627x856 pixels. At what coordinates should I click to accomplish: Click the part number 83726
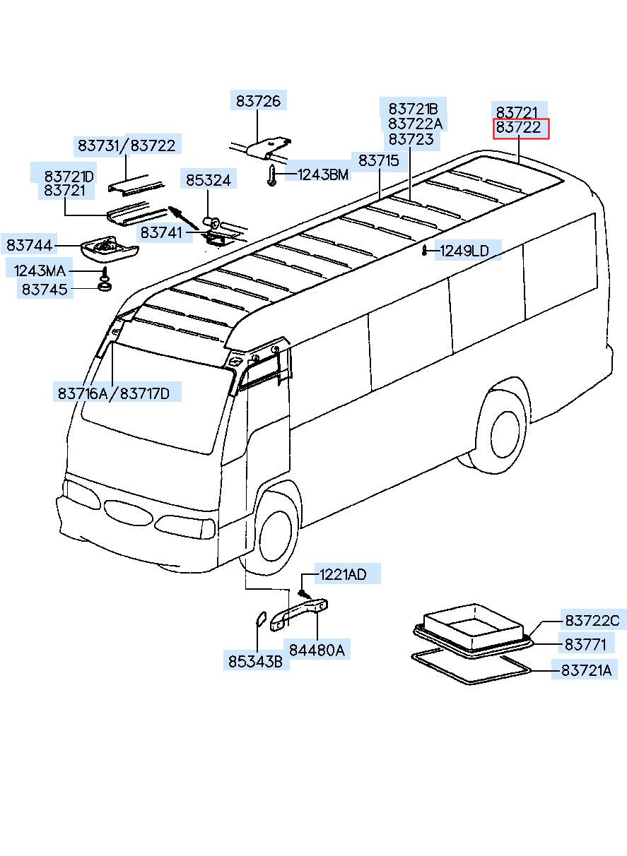coord(259,102)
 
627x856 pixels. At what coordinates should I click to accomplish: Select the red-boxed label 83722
coord(520,129)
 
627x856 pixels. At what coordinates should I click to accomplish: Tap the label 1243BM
coord(322,174)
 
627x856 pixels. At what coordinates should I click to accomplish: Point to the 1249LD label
coord(464,250)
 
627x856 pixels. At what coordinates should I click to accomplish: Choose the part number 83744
coord(29,245)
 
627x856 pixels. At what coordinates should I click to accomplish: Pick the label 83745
coord(45,289)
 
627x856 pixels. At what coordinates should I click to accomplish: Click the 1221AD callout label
coord(343,574)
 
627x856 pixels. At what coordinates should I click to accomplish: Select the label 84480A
coord(317,650)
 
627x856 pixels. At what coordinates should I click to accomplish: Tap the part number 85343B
coord(255,662)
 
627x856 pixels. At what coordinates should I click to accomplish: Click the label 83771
coord(585,644)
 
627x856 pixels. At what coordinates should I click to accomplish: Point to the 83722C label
coord(592,620)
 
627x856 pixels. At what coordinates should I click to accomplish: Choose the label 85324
coord(208,181)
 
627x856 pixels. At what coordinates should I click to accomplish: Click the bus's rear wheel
coord(504,429)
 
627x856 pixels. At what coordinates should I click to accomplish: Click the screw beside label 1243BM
coord(272,175)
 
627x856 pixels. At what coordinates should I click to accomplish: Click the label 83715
coord(379,161)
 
